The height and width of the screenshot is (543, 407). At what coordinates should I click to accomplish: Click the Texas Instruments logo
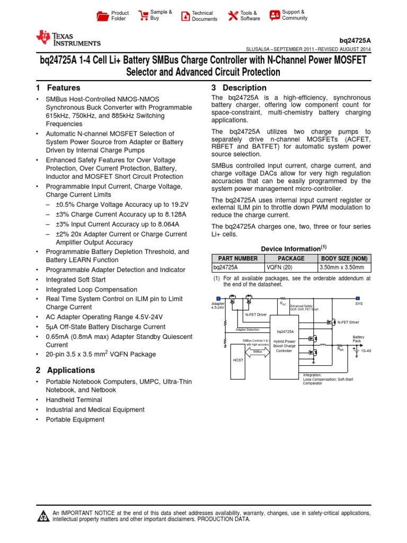click(67, 38)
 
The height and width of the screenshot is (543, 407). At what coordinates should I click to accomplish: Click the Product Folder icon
click(102, 16)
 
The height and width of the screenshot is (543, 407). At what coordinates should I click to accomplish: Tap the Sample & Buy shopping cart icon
click(143, 15)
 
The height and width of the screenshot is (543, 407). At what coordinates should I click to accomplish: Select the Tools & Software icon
click(233, 16)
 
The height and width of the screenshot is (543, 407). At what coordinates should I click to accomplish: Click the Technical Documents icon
click(185, 16)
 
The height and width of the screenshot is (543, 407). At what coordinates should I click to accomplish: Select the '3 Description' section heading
click(238, 88)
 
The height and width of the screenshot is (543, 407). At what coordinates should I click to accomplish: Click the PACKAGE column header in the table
click(290, 258)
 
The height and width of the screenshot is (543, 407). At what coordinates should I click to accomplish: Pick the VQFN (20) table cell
click(279, 267)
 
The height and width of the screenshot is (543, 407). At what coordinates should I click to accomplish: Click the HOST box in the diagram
click(238, 360)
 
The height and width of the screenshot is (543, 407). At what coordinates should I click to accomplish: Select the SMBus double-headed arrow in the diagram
click(256, 351)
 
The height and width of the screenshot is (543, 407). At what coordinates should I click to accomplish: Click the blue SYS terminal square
click(358, 298)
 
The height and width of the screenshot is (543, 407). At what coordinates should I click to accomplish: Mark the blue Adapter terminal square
click(218, 298)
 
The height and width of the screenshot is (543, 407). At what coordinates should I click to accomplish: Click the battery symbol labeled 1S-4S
click(353, 350)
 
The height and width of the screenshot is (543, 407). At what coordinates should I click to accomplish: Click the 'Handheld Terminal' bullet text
click(74, 400)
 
